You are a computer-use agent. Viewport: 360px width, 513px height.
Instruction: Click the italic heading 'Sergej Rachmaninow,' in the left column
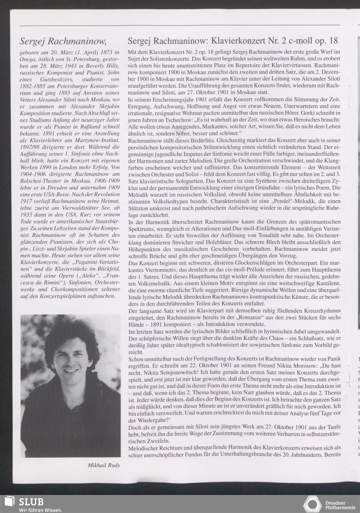[63, 41]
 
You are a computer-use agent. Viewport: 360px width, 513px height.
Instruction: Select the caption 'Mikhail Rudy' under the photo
[104, 465]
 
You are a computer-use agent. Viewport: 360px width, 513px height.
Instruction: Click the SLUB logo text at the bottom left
[31, 501]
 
